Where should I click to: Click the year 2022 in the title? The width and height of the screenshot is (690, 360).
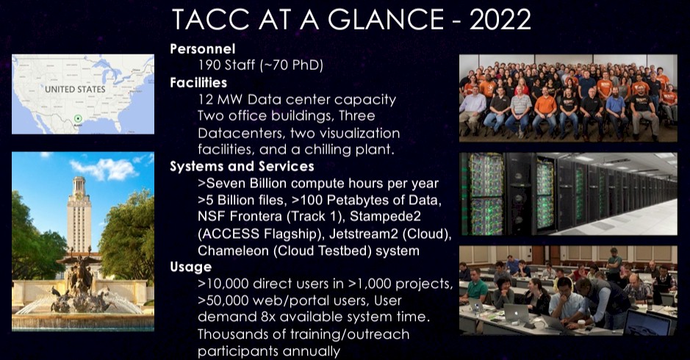[x=500, y=20]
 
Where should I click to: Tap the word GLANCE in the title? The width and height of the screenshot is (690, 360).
[x=387, y=20]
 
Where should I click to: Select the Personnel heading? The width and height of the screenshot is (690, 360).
[x=203, y=48]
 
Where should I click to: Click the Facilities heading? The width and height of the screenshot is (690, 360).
[x=198, y=82]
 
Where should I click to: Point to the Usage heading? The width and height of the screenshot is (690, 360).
[x=191, y=267]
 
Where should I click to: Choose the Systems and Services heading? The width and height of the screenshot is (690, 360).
[x=242, y=166]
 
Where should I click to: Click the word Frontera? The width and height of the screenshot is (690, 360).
[x=256, y=217]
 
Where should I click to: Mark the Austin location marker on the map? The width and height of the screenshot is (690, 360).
[x=78, y=118]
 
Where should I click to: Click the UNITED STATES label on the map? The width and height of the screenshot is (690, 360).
[x=75, y=89]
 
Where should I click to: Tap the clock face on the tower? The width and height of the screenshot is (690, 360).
[x=79, y=193]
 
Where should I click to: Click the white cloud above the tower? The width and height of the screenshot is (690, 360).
[x=105, y=169]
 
